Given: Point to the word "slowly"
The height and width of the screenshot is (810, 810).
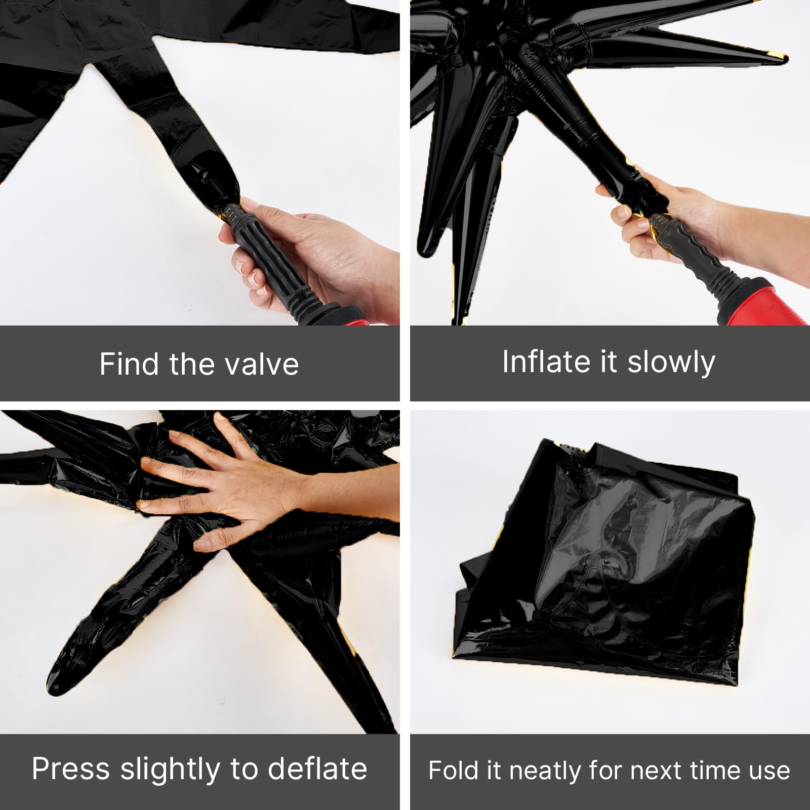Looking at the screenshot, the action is point(671,362).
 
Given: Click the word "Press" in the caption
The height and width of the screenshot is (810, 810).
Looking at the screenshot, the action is point(71,769).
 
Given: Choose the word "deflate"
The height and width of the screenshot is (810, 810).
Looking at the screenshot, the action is point(317,769).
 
